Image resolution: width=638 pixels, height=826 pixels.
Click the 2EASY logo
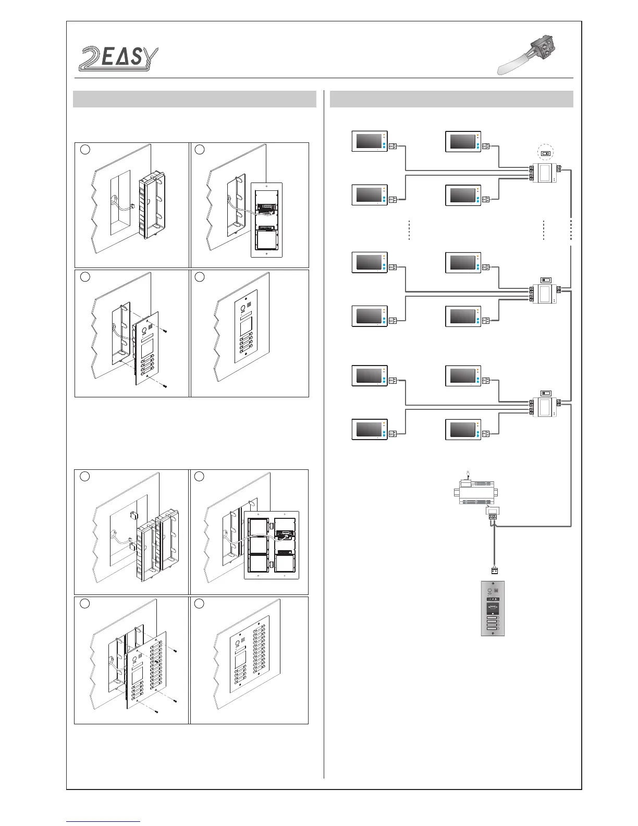(118, 57)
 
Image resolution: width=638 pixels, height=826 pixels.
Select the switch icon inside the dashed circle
(545, 153)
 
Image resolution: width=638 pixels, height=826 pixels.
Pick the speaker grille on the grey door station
(497, 591)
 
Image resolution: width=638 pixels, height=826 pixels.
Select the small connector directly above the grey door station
(493, 570)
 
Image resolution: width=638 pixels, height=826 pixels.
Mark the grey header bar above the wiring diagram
(451, 99)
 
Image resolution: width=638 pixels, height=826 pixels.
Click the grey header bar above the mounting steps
(194, 99)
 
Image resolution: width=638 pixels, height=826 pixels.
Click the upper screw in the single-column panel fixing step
(165, 331)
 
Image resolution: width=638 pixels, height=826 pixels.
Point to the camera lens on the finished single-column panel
(243, 308)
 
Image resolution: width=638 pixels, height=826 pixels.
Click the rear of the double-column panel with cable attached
(272, 545)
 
